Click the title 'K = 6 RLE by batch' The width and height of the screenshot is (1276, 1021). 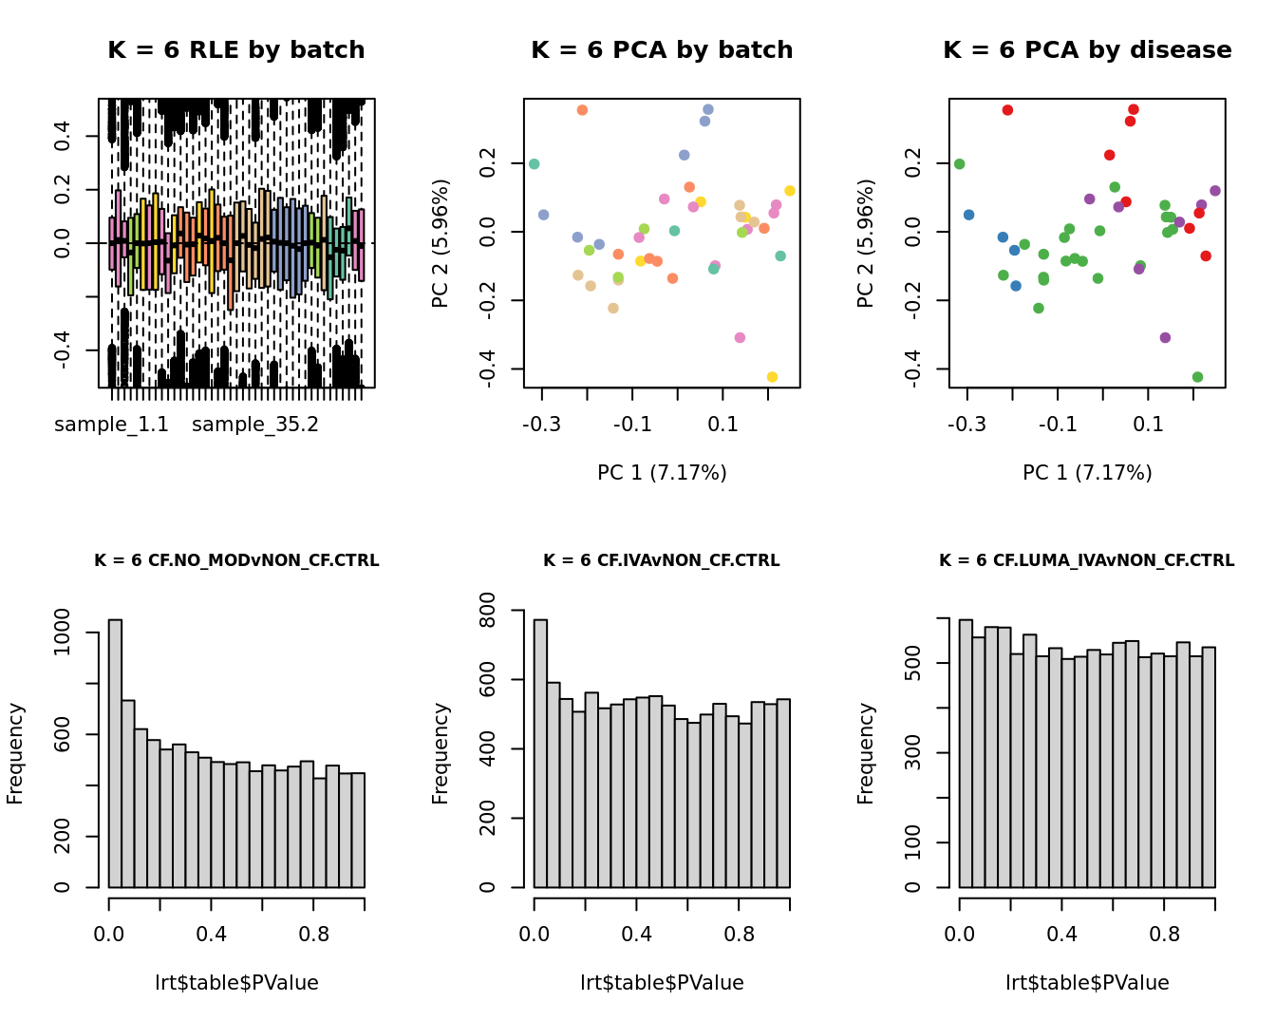(x=235, y=50)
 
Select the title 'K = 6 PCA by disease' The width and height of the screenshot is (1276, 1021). (x=1087, y=50)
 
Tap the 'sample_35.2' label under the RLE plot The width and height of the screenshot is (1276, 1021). (x=255, y=425)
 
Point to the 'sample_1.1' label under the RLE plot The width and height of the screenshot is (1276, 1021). (x=111, y=425)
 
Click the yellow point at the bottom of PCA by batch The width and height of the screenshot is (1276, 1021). (x=772, y=377)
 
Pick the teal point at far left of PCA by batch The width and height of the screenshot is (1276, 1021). (x=534, y=164)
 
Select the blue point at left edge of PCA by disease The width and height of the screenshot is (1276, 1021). (x=968, y=215)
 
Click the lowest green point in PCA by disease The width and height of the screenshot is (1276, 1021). (x=1197, y=377)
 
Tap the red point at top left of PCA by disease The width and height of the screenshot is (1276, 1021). (x=1007, y=110)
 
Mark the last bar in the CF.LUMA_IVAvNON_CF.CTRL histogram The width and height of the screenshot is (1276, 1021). (x=1209, y=766)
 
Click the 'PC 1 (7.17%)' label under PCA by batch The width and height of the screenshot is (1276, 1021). (x=662, y=472)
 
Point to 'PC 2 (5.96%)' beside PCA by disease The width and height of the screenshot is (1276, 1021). (x=865, y=243)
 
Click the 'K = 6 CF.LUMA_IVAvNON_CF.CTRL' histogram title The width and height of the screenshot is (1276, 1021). (x=1087, y=560)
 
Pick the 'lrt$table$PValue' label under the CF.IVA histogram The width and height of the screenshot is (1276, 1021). (x=662, y=983)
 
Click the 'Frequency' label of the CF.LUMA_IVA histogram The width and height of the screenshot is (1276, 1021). (x=865, y=753)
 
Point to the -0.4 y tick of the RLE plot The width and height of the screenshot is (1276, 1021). (x=62, y=350)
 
